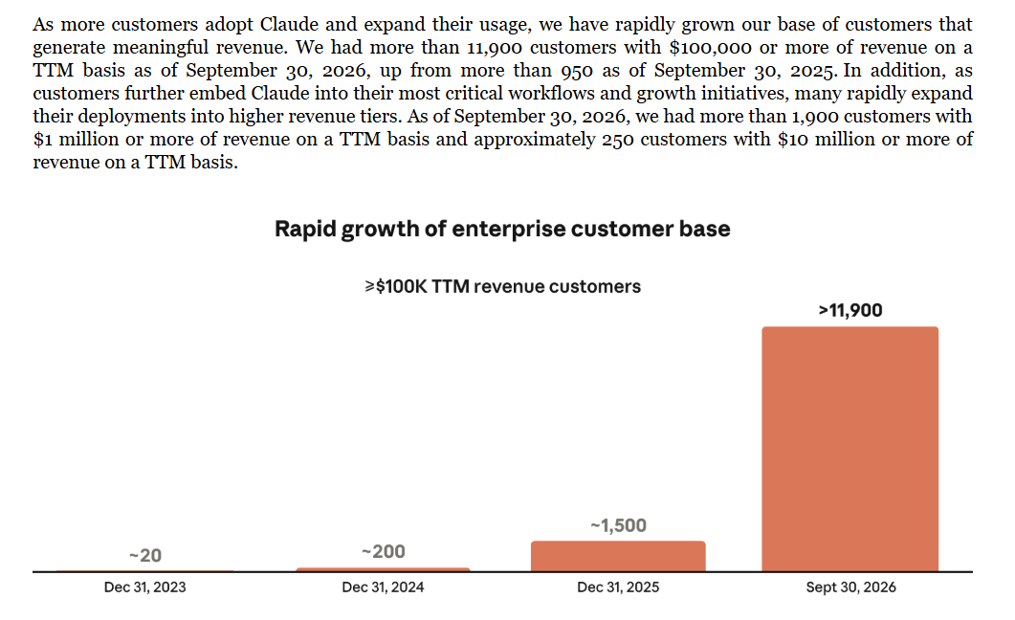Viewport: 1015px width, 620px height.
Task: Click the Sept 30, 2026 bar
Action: (850, 449)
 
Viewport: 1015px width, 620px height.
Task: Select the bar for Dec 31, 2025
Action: (618, 557)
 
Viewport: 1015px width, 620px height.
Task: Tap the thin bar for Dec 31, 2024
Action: (384, 570)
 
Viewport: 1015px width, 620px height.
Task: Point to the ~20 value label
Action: (145, 555)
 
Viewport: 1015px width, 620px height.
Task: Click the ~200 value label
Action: (384, 551)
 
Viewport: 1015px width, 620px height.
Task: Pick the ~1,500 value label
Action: (618, 525)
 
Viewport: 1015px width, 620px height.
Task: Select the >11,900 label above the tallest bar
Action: (850, 311)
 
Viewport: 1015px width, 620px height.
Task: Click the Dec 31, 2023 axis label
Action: (145, 587)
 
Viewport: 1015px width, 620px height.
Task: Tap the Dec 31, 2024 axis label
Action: (384, 587)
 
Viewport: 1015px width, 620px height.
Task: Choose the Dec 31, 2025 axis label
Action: (618, 587)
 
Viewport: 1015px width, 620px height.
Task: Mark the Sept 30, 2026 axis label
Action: (850, 587)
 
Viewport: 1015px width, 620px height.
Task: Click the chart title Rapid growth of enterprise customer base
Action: (502, 229)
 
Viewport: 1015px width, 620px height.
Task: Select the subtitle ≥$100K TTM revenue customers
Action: (502, 287)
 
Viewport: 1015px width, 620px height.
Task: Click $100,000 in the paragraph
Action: (711, 48)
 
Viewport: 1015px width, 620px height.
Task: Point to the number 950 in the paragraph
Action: (577, 71)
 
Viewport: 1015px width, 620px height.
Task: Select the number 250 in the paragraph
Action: (618, 139)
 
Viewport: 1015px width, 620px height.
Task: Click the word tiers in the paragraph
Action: (384, 117)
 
